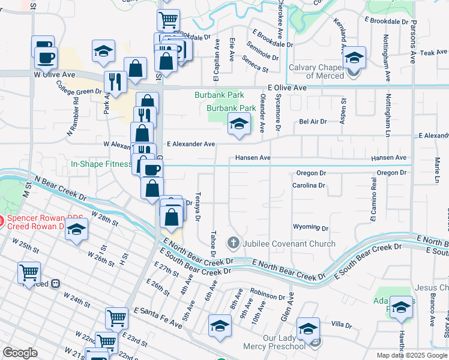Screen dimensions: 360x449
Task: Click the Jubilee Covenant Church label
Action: coord(280,244)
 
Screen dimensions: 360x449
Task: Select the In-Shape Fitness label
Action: coord(101,164)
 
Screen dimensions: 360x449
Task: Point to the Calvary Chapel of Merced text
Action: coord(316,71)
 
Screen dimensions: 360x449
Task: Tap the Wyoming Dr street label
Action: coord(310,228)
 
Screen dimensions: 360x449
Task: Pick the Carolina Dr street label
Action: coord(309,185)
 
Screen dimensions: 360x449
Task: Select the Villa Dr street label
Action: coord(340,325)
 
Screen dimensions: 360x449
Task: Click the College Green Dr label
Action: coord(79,88)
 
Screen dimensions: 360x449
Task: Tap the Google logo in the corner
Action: coord(20,353)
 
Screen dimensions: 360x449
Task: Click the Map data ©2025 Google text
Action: coord(411,355)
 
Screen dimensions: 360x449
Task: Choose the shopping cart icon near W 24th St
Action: coord(29,273)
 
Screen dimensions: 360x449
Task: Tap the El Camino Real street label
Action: coord(373,208)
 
